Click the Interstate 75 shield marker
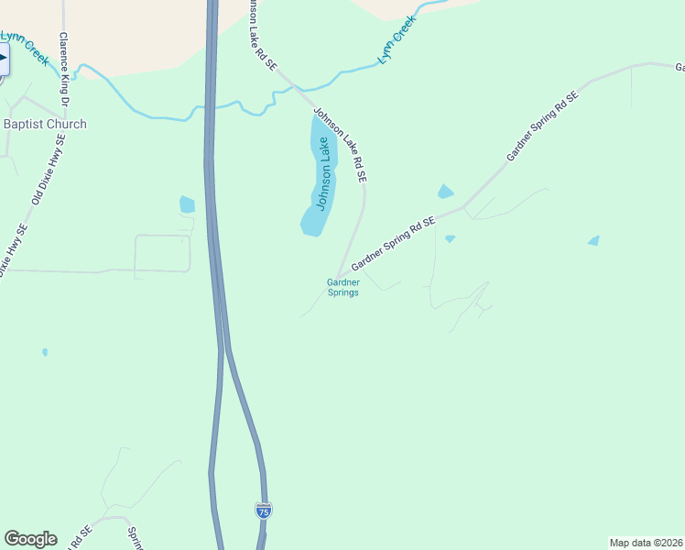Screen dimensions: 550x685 tap(264, 511)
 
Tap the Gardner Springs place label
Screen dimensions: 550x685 tap(342, 287)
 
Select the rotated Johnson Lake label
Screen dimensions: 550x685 tap(322, 173)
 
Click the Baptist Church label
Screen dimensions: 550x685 tap(45, 124)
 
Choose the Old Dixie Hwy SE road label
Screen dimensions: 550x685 tap(49, 169)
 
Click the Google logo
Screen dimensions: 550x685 tap(30, 539)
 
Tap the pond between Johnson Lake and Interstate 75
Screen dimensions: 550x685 tap(188, 204)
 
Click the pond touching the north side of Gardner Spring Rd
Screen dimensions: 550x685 tap(445, 192)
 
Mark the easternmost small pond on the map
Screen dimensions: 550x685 tap(593, 240)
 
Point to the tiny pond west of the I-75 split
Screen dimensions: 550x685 tap(45, 351)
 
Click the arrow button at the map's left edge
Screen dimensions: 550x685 tap(3, 62)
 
